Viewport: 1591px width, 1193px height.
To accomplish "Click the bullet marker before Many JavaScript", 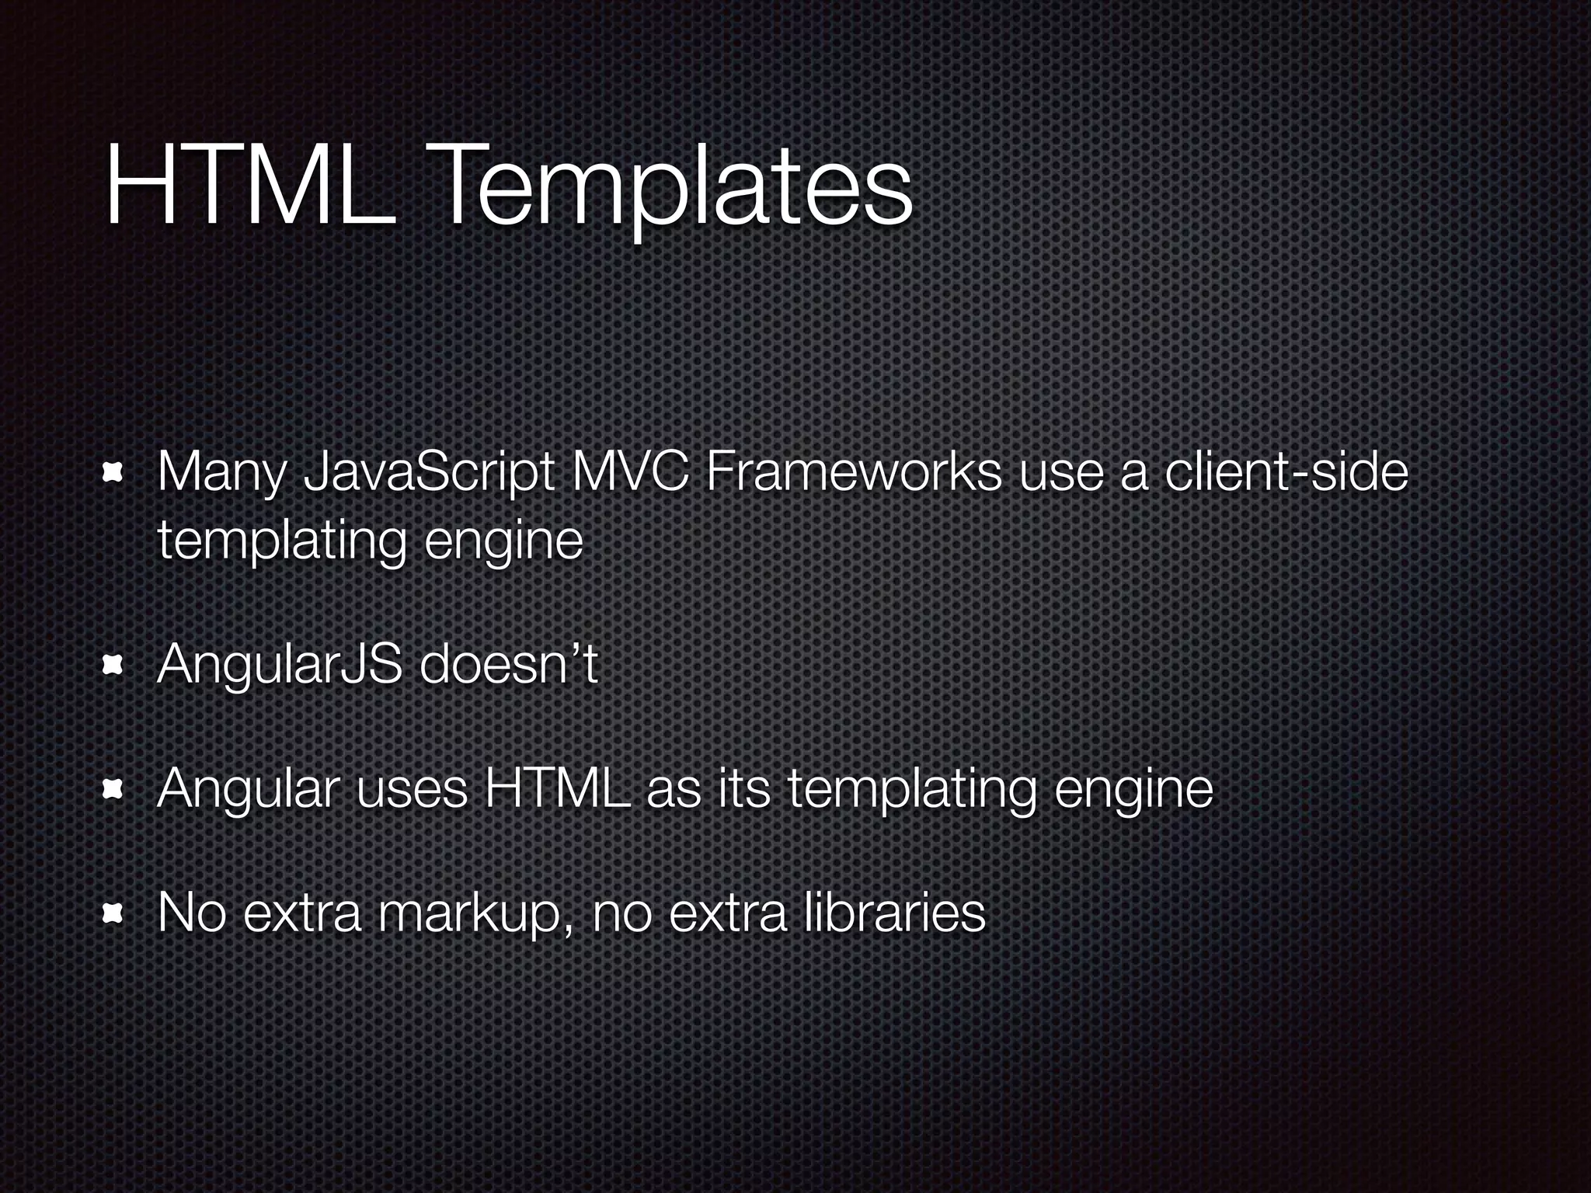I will tap(113, 474).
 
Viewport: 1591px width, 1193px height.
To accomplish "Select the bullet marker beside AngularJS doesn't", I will tap(113, 666).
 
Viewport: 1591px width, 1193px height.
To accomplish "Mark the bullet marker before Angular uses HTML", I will tap(113, 790).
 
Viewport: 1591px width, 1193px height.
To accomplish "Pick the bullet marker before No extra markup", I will tap(113, 914).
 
